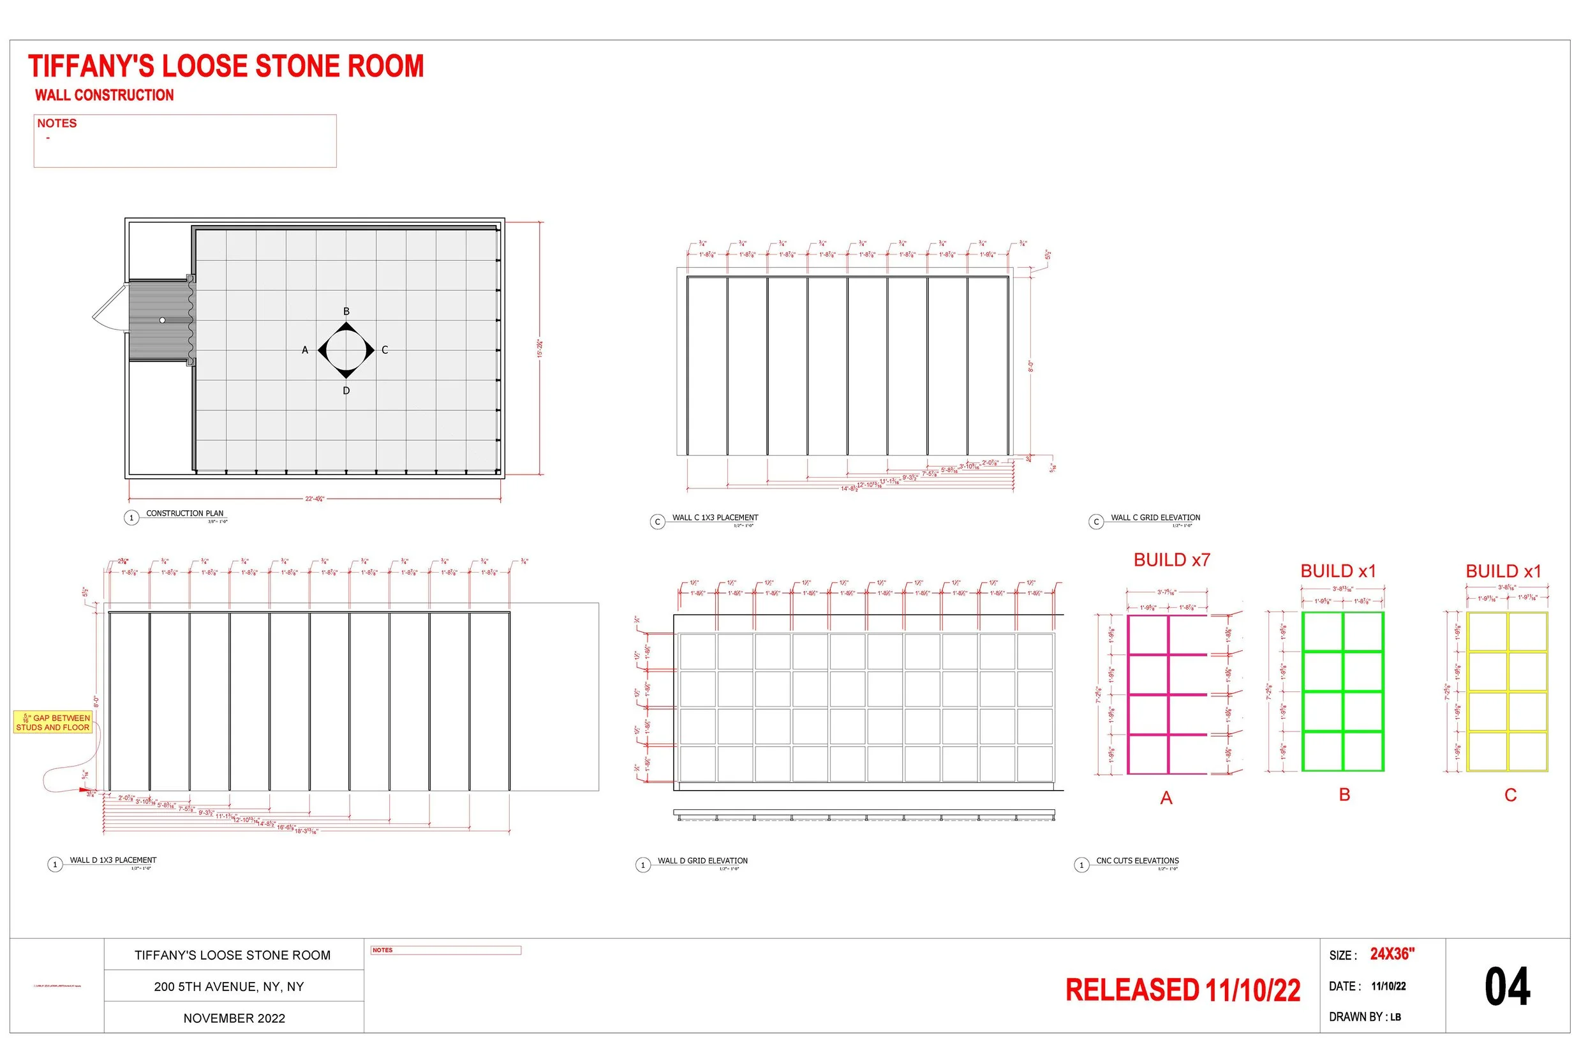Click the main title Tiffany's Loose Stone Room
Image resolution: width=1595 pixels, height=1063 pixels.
pyautogui.click(x=226, y=66)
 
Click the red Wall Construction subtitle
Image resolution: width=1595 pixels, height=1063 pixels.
pyautogui.click(x=105, y=96)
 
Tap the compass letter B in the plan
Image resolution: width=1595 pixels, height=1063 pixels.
pyautogui.click(x=346, y=312)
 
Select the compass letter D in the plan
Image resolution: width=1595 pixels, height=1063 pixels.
pyautogui.click(x=346, y=391)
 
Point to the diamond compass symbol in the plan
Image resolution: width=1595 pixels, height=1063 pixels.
pyautogui.click(x=346, y=351)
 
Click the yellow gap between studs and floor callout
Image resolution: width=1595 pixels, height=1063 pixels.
pyautogui.click(x=53, y=722)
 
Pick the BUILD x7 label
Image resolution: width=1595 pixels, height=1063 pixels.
pyautogui.click(x=1172, y=561)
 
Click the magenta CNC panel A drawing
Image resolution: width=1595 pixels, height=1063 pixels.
pyautogui.click(x=1167, y=694)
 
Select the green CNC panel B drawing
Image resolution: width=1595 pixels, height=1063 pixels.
pyautogui.click(x=1343, y=692)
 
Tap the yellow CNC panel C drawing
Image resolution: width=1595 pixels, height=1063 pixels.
pyautogui.click(x=1507, y=692)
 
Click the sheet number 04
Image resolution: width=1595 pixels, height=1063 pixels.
pyautogui.click(x=1507, y=987)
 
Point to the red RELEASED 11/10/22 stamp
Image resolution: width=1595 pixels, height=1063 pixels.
pyautogui.click(x=1183, y=990)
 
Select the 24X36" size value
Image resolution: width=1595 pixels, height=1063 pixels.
pyautogui.click(x=1392, y=955)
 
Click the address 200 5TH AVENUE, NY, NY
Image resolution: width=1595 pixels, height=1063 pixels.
pyautogui.click(x=229, y=987)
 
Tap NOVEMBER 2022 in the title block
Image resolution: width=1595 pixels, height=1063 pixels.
pyautogui.click(x=234, y=1019)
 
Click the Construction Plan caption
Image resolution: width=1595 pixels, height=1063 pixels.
pyautogui.click(x=184, y=514)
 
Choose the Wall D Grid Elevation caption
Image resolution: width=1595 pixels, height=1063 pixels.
pyautogui.click(x=702, y=861)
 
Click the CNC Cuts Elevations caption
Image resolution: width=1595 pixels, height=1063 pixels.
pyautogui.click(x=1138, y=861)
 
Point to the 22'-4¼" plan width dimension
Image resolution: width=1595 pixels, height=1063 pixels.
pyautogui.click(x=315, y=499)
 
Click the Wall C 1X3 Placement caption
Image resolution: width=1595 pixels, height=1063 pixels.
pyautogui.click(x=715, y=518)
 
